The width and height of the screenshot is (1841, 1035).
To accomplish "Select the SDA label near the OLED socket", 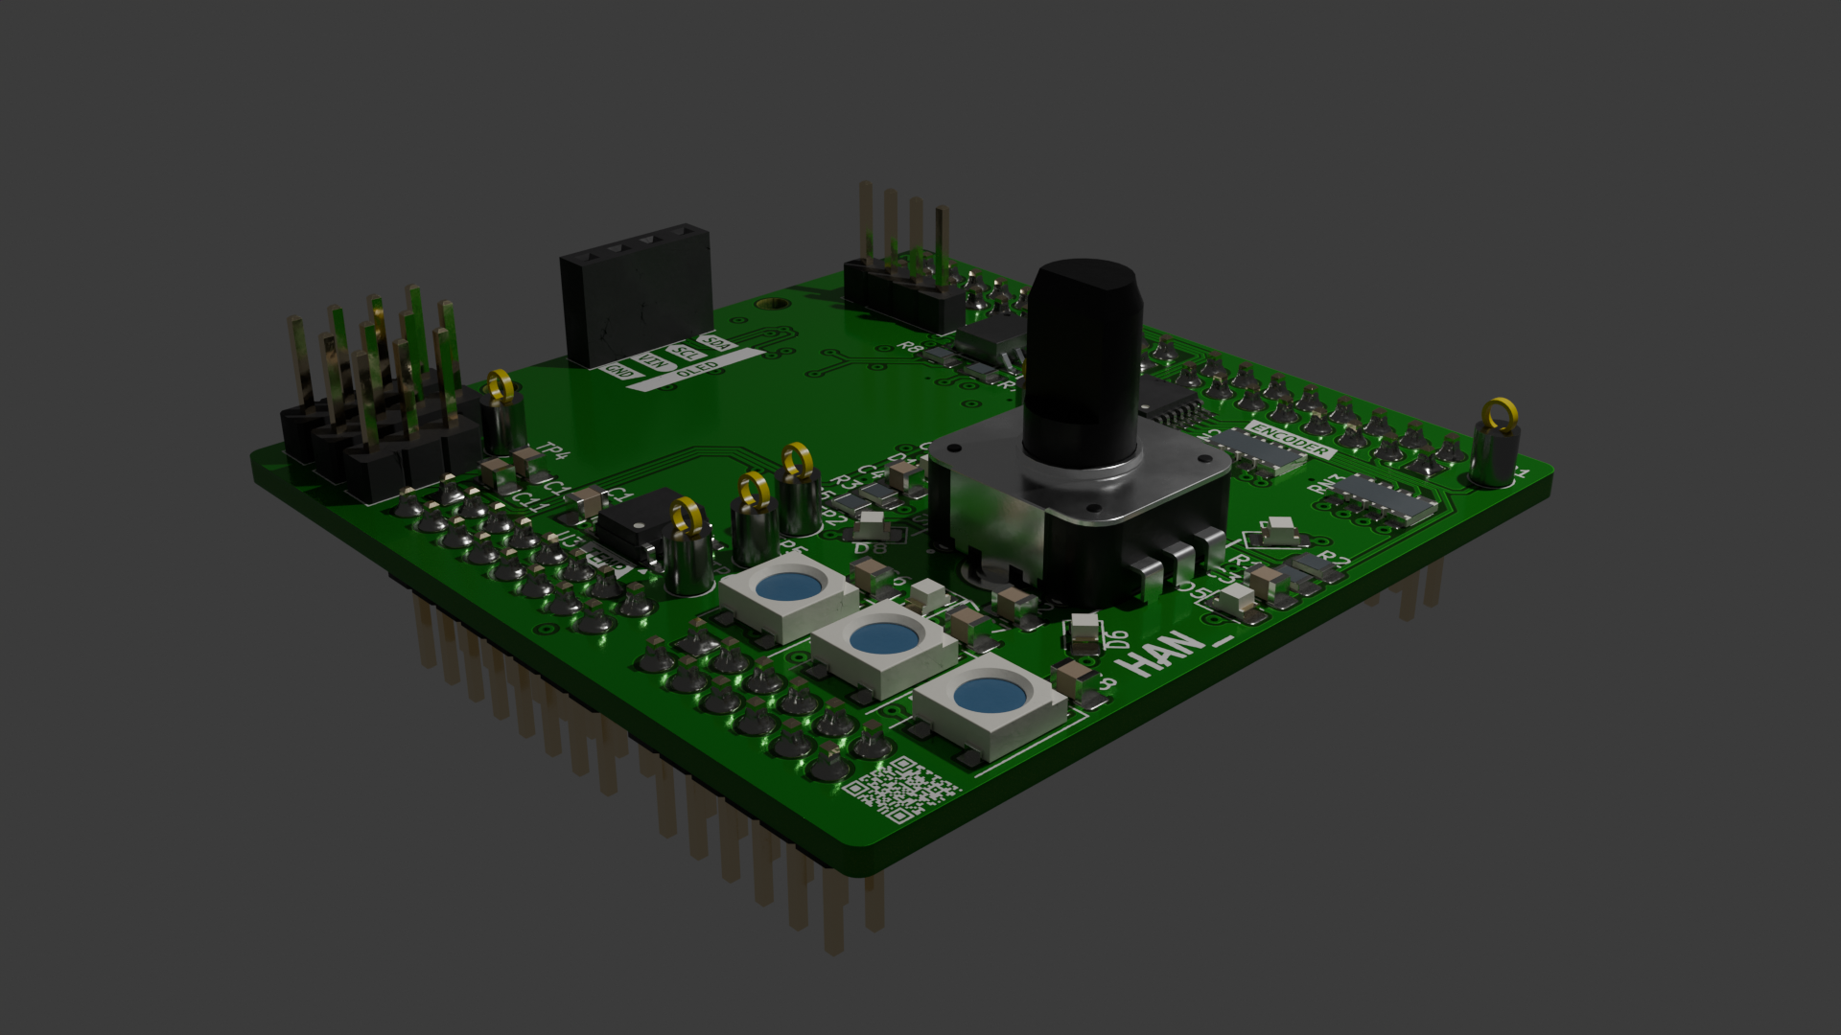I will click(x=716, y=343).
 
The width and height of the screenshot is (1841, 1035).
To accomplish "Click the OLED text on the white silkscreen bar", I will click(x=697, y=368).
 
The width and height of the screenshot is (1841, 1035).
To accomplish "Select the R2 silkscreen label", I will click(x=1334, y=562).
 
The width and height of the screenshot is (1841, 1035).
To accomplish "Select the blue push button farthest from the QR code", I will click(x=788, y=587).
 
